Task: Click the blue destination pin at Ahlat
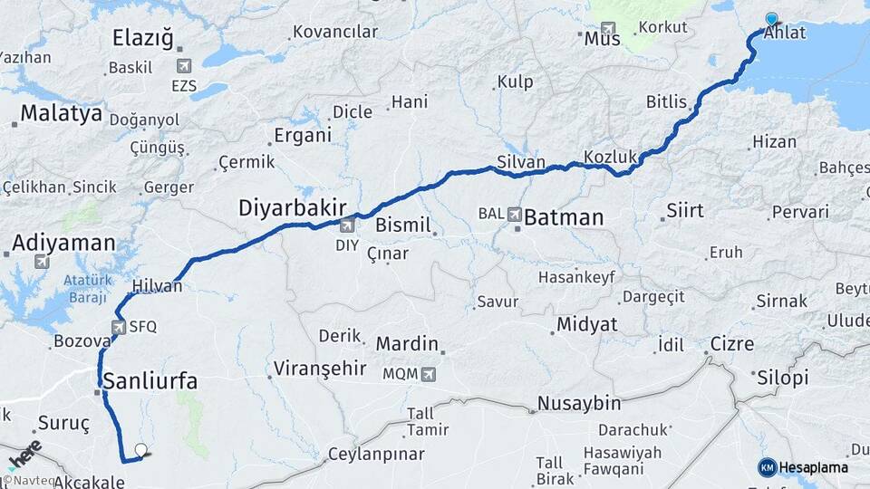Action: [x=771, y=19]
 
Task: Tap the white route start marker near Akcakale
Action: [x=140, y=449]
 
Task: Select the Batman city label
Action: [x=563, y=217]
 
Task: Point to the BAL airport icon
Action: [x=515, y=216]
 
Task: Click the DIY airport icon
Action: [x=347, y=226]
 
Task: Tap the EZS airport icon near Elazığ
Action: [x=185, y=66]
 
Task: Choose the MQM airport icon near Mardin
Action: [x=428, y=373]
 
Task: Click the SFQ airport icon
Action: [x=119, y=327]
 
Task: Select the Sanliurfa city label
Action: [x=151, y=380]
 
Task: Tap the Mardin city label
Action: [x=407, y=344]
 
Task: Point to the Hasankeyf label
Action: [x=576, y=276]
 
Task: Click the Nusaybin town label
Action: [x=579, y=403]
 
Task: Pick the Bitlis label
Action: [x=666, y=101]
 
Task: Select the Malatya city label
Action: [x=61, y=113]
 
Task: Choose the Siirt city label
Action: [x=684, y=210]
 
